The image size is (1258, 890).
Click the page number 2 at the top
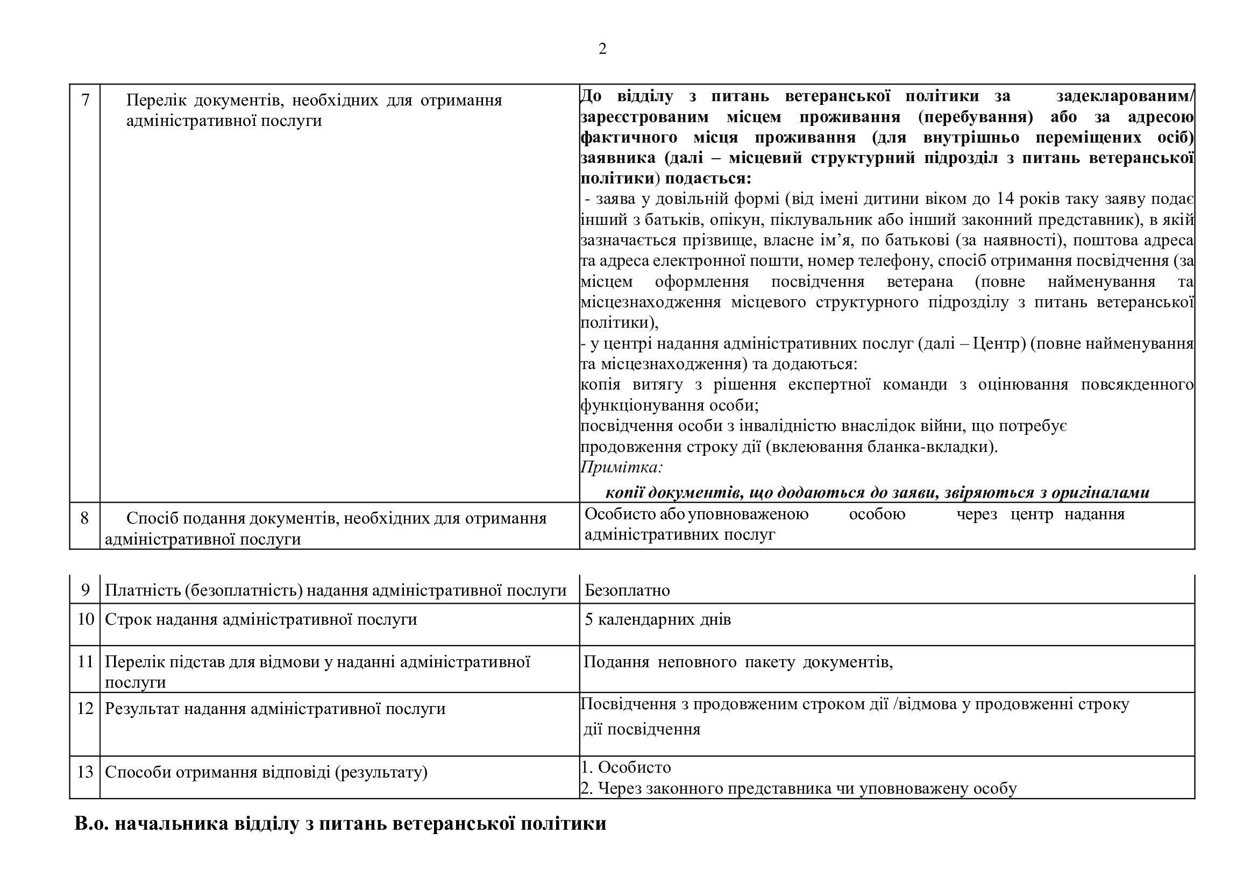[602, 50]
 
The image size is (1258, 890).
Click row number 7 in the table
[85, 100]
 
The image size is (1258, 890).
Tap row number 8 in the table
[84, 518]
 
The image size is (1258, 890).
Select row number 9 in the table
[85, 590]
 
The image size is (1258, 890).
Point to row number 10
[86, 619]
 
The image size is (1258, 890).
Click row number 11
[86, 661]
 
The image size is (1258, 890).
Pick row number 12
[86, 709]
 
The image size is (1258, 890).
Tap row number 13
[86, 772]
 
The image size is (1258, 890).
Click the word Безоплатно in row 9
[627, 590]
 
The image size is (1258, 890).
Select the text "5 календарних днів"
[657, 620]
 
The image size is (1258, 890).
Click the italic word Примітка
[621, 468]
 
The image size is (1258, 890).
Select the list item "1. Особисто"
[626, 767]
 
